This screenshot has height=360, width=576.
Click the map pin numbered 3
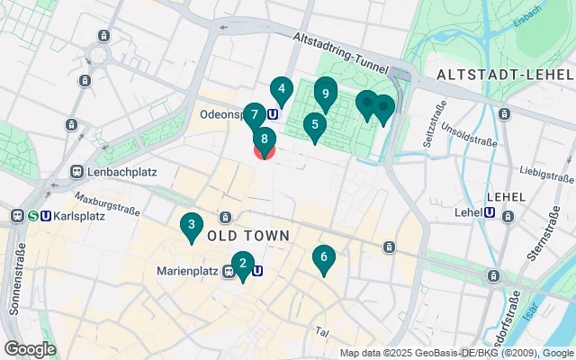tap(190, 226)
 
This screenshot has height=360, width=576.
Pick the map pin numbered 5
tap(314, 126)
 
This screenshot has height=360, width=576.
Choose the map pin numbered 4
tap(282, 90)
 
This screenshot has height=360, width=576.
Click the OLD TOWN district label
tap(248, 236)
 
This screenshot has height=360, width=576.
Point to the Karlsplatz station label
tap(79, 216)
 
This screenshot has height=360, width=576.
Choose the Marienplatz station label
tap(189, 270)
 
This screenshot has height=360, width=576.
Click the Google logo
tap(30, 348)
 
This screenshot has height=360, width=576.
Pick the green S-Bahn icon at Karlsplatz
tap(31, 216)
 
